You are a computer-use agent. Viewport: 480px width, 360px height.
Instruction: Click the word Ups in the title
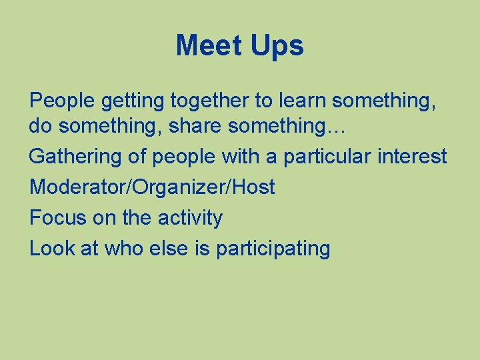[277, 46]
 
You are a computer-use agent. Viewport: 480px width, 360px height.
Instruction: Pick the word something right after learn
[383, 101]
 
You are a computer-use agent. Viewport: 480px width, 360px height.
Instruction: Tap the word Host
[253, 187]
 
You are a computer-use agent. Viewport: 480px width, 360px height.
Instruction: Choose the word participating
[273, 249]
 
